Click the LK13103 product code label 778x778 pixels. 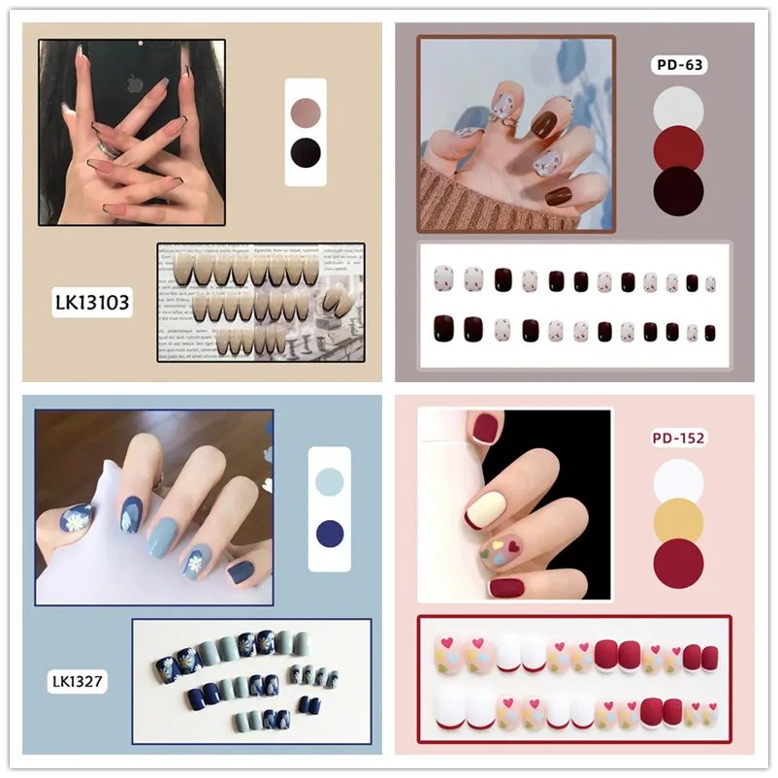tap(92, 303)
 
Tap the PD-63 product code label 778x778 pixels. tap(678, 66)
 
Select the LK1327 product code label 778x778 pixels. tap(78, 682)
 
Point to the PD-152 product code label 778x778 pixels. tap(678, 438)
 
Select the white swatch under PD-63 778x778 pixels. tap(678, 110)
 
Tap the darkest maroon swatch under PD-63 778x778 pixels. tap(678, 190)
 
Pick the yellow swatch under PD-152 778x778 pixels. tap(678, 523)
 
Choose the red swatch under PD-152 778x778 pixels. tap(678, 564)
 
